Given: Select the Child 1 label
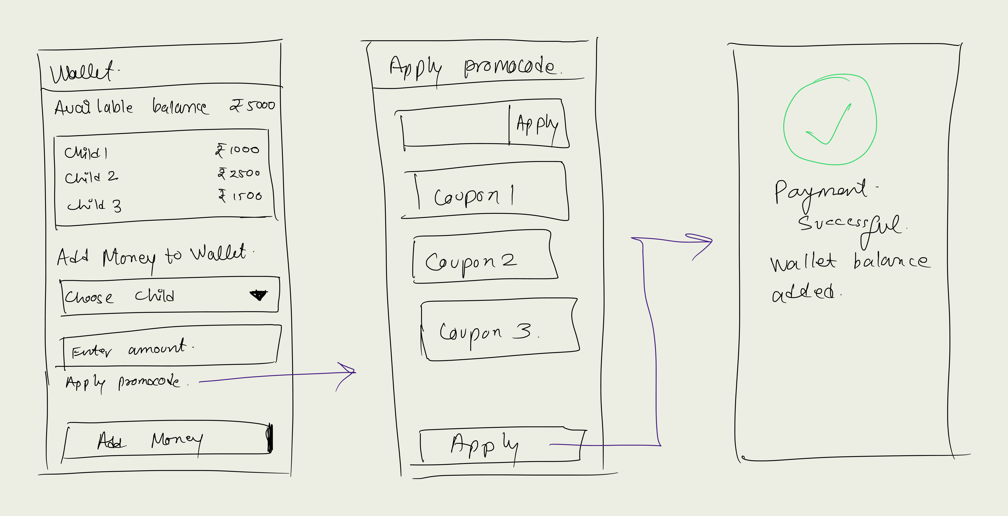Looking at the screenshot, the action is tap(86, 152).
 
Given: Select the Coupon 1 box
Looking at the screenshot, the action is tap(485, 191).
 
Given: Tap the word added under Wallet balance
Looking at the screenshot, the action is tap(803, 293).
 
